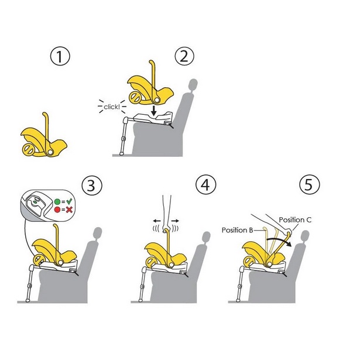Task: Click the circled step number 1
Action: coord(60,57)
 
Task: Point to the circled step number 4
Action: coord(204,186)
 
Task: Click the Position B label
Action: coord(238,230)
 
